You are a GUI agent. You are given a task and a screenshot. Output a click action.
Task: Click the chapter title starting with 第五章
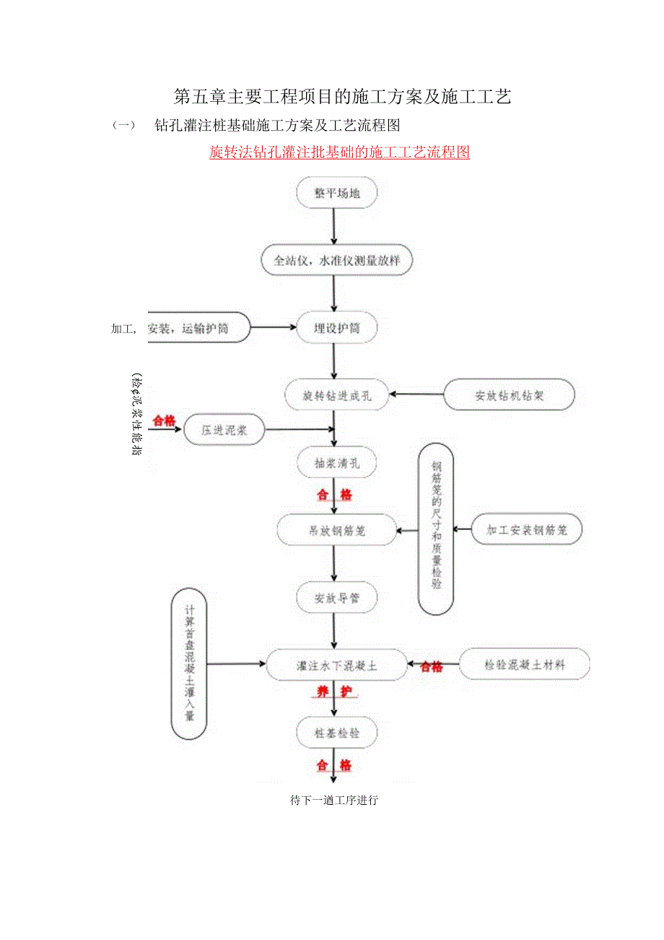point(342,97)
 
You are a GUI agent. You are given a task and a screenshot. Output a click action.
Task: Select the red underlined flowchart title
point(339,152)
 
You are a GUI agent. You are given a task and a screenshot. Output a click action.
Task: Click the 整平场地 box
point(336,193)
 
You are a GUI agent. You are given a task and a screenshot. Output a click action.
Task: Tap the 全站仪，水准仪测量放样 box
point(336,261)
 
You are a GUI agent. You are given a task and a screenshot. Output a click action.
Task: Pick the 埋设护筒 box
point(336,328)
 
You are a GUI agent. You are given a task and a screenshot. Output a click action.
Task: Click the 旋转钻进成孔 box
point(337,395)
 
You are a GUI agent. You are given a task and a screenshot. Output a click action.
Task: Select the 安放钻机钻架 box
point(509,395)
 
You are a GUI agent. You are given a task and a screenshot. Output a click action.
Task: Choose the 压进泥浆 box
point(224,431)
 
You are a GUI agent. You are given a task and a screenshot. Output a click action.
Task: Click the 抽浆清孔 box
point(336,463)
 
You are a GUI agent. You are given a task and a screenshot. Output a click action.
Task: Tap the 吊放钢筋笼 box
point(337,530)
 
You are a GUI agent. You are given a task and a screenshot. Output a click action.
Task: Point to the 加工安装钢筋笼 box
point(526,530)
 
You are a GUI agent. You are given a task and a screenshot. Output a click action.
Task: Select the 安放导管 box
point(336,598)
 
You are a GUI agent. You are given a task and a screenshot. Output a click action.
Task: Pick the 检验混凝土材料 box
point(525,665)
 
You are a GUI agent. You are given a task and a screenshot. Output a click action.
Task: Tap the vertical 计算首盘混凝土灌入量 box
point(189,664)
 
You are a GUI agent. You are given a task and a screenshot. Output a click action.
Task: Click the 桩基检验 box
point(336,733)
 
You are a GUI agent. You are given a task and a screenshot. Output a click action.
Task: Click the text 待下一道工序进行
point(334,801)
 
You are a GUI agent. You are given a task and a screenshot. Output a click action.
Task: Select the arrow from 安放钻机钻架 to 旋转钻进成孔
point(416,395)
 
